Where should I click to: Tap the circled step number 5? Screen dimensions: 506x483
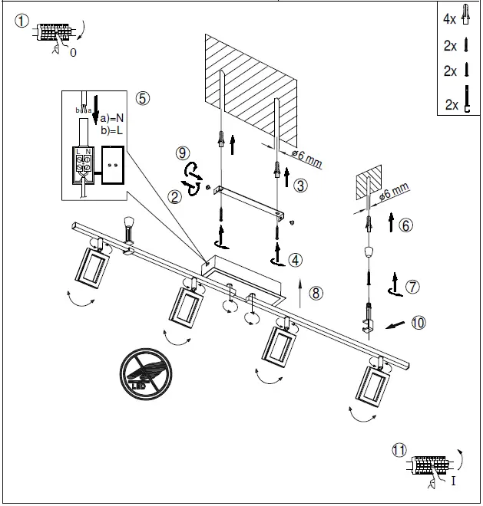(x=142, y=97)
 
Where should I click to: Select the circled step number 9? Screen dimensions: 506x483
(x=183, y=153)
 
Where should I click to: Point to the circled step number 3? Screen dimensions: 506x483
(x=300, y=185)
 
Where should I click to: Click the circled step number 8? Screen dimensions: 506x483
(x=316, y=291)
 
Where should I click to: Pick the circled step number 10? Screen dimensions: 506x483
(x=417, y=323)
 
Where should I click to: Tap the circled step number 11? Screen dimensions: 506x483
(x=399, y=450)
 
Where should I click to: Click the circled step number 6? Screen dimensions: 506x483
(x=406, y=225)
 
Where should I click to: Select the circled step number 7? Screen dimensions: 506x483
(x=412, y=287)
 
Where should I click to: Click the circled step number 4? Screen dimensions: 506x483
(x=296, y=260)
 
